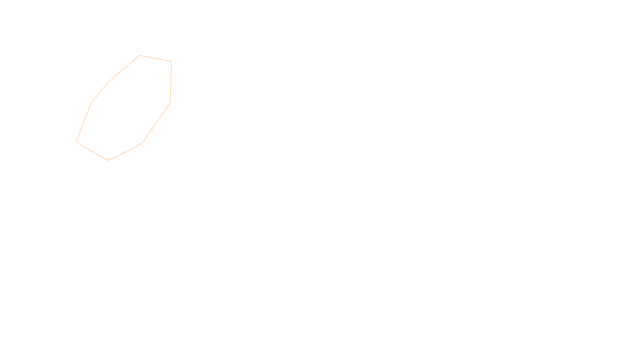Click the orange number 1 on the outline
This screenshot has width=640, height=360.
[x=108, y=160]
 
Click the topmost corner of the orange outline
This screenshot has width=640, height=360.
[x=139, y=56]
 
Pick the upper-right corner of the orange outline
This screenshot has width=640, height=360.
[x=170, y=62]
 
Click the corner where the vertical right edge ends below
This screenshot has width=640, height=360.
[x=170, y=103]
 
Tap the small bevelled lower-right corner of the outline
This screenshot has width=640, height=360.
[x=141, y=143]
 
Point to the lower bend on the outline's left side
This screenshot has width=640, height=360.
[x=92, y=102]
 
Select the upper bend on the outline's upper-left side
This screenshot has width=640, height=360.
[x=109, y=82]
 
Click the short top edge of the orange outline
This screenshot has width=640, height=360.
[x=155, y=58]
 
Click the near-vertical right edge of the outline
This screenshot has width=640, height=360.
[x=171, y=82]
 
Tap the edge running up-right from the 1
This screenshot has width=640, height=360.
[x=124, y=152]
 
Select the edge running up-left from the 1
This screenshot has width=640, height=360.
[x=92, y=151]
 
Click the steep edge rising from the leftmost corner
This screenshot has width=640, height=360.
[x=84, y=122]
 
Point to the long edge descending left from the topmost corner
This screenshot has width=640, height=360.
[x=124, y=68]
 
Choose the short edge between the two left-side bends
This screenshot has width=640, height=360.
[x=100, y=92]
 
